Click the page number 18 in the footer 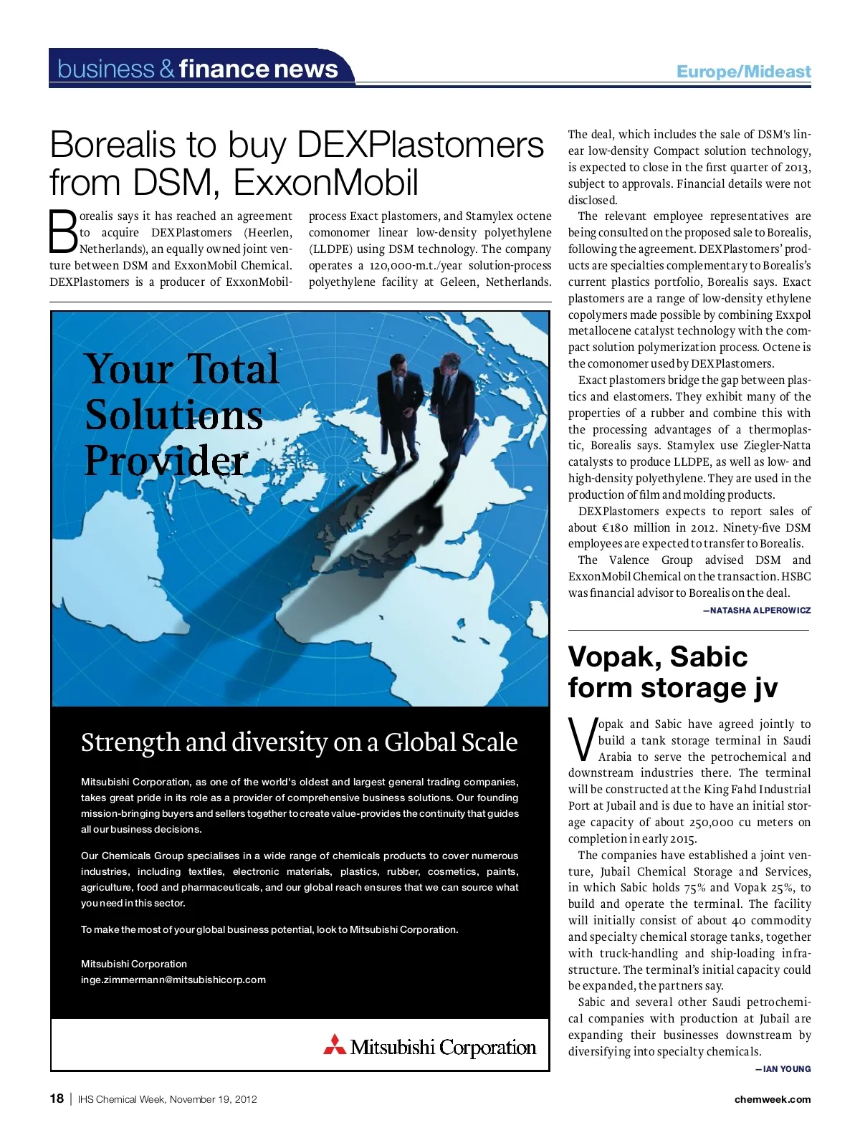click(57, 1098)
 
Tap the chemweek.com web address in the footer click(773, 1099)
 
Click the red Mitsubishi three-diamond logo click(335, 1045)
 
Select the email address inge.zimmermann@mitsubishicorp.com click(173, 980)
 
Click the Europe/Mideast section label click(743, 72)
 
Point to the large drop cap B click(62, 231)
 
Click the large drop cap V click(582, 739)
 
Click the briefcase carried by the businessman click(469, 438)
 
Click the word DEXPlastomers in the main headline click(420, 145)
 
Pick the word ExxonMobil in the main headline click(326, 182)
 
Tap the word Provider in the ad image click(166, 460)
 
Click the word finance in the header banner click(222, 69)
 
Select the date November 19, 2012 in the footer click(214, 1099)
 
